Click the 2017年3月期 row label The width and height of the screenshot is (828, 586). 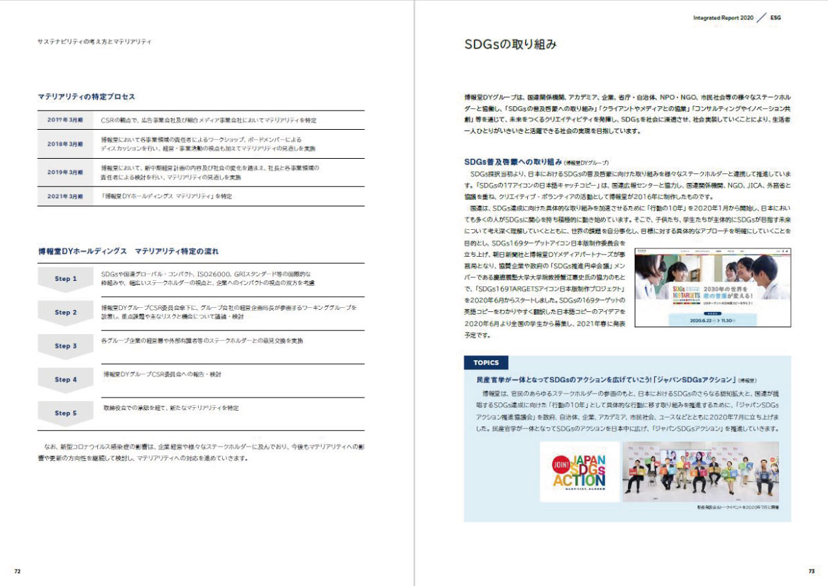coord(65,120)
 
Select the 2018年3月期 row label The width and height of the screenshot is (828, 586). coord(65,144)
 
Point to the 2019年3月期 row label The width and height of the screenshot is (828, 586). coord(65,173)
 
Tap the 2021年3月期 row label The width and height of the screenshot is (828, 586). coord(65,197)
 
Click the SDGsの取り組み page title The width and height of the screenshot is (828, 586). coord(510,46)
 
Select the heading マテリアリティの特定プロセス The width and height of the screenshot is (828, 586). coord(86,97)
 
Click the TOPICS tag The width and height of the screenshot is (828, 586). coord(486,363)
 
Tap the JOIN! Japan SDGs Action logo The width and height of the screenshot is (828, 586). coord(580,471)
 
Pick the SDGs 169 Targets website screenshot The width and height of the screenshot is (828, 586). coord(713,288)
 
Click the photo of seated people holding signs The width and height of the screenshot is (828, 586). coord(700,471)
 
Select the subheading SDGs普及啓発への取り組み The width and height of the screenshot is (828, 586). coord(514,162)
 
